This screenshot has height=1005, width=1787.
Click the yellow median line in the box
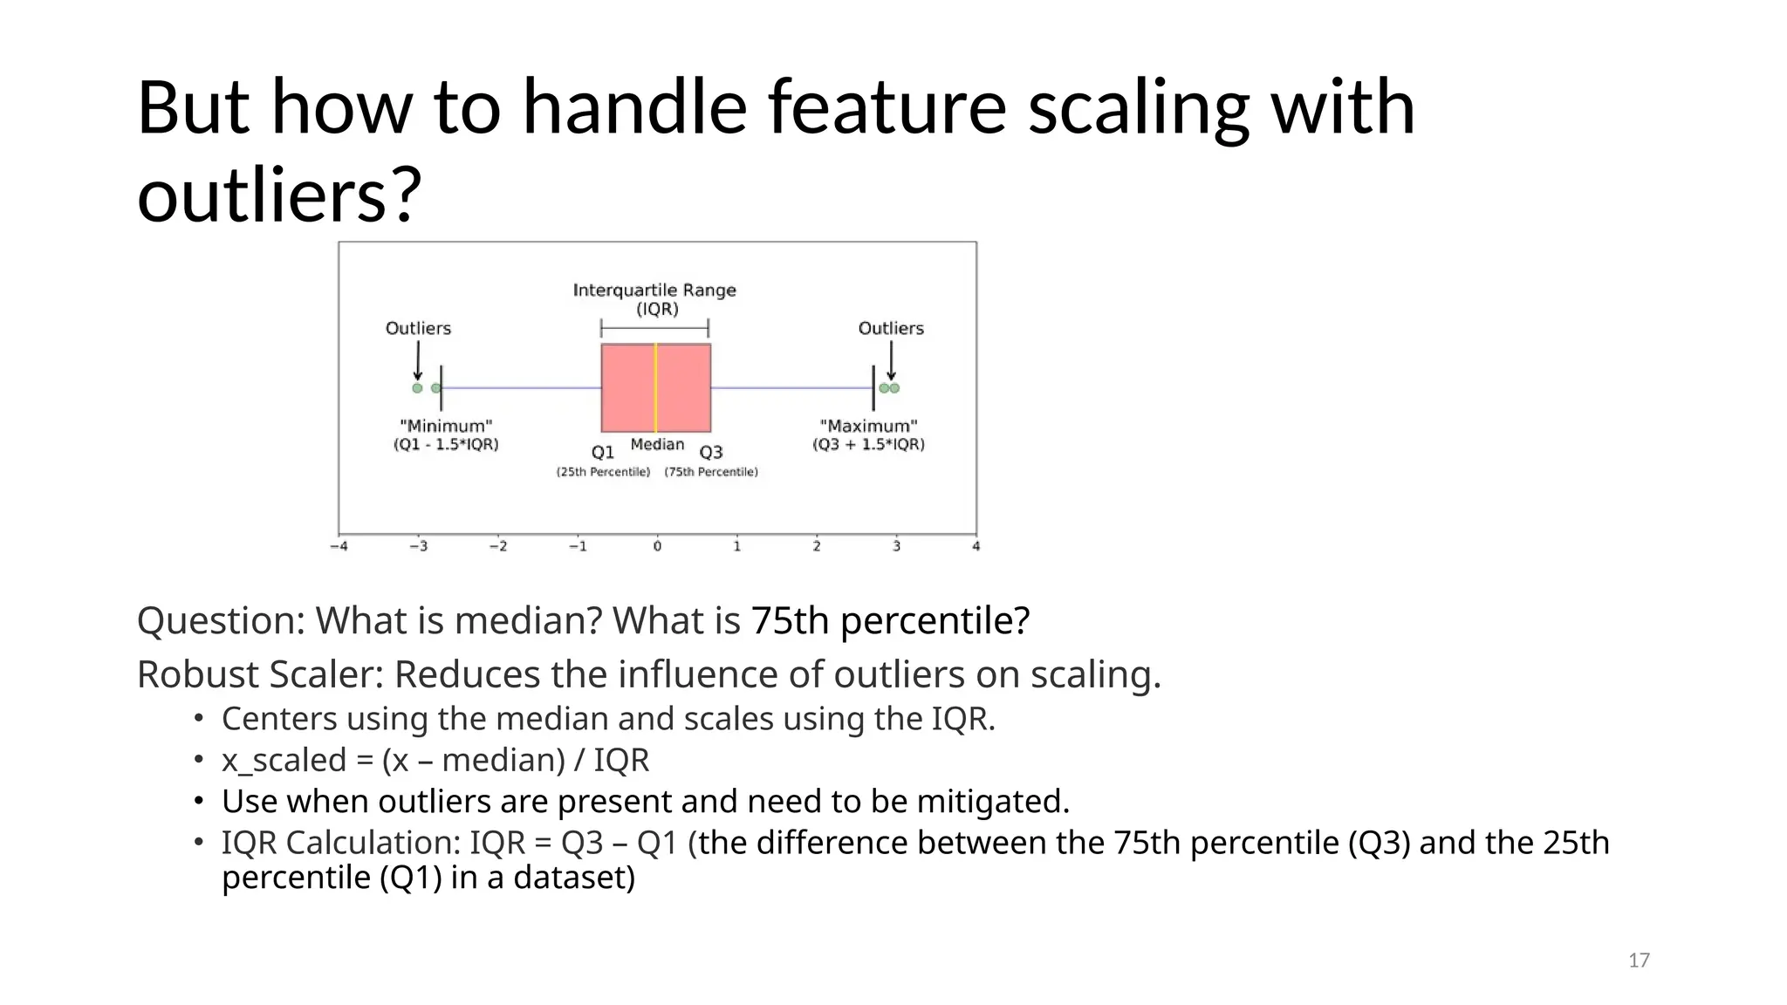(x=655, y=388)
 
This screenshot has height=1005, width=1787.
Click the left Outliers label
(x=418, y=328)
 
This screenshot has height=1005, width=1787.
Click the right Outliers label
(x=890, y=328)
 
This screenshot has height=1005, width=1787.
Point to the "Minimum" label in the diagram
(x=446, y=426)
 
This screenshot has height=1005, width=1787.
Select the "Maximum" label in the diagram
(x=868, y=426)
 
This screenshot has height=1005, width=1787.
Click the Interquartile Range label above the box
(x=654, y=291)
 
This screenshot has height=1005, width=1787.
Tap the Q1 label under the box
(x=603, y=452)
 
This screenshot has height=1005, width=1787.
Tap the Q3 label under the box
(x=711, y=452)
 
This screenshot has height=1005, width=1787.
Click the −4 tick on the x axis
(x=339, y=546)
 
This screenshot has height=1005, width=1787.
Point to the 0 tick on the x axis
(x=657, y=546)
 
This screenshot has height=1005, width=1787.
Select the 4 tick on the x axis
(x=976, y=546)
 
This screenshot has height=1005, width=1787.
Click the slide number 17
(x=1639, y=961)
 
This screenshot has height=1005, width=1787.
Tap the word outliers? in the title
(x=279, y=195)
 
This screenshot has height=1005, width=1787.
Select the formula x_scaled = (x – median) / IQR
(x=435, y=760)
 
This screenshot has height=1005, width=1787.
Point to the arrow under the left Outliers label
(x=418, y=360)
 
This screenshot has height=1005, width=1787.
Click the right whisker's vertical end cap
(x=873, y=388)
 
